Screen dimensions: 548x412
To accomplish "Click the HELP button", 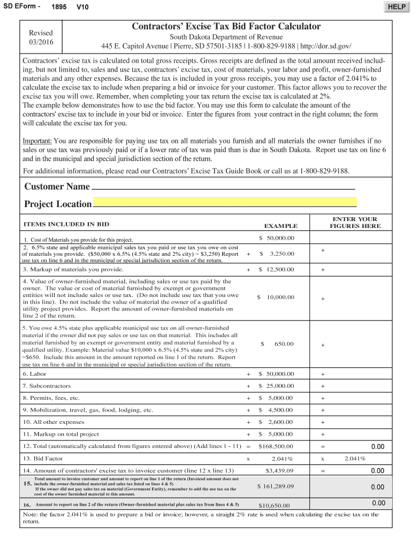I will click(x=396, y=6).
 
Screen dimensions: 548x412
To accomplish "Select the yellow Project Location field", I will click(x=224, y=202).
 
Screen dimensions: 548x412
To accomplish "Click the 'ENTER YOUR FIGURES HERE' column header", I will click(x=355, y=223).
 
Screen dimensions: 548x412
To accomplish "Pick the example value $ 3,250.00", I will click(x=277, y=254).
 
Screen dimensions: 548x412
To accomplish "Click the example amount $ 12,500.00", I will click(x=276, y=269).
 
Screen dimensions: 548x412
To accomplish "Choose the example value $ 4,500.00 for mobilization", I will click(x=276, y=410).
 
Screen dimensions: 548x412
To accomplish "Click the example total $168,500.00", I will click(x=276, y=446).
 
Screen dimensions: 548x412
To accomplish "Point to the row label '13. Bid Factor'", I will click(x=43, y=458).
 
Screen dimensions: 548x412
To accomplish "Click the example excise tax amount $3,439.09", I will click(x=280, y=470).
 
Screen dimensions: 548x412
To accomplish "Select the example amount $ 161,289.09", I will click(x=276, y=486).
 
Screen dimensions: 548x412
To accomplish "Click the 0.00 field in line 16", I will click(x=378, y=503).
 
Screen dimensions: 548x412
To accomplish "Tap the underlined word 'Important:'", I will click(x=37, y=140).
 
